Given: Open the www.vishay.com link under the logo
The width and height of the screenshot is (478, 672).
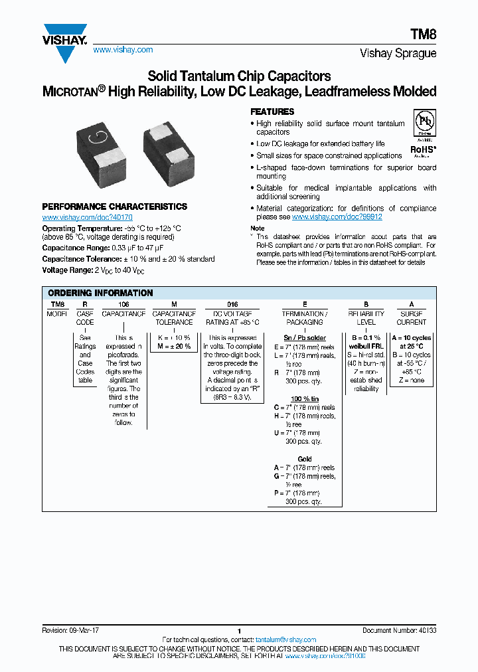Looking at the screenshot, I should (x=123, y=50).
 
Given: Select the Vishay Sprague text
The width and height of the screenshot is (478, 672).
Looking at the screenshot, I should (x=398, y=54).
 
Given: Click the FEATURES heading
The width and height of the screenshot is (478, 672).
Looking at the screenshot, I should (x=272, y=112).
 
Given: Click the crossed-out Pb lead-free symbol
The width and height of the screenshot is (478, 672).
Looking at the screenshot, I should (x=424, y=124).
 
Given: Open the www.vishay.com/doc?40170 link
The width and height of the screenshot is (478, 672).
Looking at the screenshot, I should (x=87, y=218).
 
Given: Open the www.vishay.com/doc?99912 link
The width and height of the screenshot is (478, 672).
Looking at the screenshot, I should (x=337, y=217).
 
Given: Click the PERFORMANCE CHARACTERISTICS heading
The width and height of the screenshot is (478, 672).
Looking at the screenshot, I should (x=114, y=207).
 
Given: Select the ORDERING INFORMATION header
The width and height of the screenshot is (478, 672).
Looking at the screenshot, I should (x=100, y=293).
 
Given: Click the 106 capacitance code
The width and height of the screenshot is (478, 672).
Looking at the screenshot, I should (x=123, y=303).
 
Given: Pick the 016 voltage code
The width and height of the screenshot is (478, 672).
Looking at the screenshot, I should (x=232, y=303).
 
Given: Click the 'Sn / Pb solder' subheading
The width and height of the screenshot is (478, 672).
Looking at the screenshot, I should (x=305, y=338).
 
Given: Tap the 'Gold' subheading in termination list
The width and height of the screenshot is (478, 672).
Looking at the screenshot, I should (x=305, y=459).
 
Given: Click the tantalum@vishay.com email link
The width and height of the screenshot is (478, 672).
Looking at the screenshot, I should (x=285, y=639).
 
